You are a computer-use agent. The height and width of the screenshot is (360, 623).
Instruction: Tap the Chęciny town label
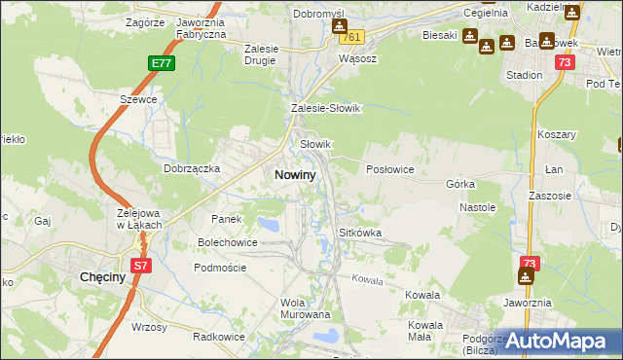tap(99, 277)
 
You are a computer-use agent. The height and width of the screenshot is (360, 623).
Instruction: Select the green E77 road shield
tap(162, 63)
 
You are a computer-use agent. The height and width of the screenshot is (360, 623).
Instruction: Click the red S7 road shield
tap(140, 265)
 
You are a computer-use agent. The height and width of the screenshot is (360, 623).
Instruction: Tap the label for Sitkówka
tap(359, 234)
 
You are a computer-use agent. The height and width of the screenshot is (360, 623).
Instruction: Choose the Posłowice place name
tap(390, 169)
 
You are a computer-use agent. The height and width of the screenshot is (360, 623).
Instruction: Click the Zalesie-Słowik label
tap(326, 108)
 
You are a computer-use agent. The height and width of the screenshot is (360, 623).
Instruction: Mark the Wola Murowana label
tap(306, 308)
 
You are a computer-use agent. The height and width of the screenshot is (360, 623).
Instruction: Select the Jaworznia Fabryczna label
tap(202, 27)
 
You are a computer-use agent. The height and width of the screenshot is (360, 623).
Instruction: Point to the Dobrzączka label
tap(193, 167)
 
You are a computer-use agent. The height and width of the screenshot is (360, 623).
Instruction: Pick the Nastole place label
tap(478, 207)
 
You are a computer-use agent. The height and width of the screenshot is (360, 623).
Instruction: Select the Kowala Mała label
tap(425, 330)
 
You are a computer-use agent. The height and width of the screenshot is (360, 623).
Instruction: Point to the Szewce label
tap(138, 100)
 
